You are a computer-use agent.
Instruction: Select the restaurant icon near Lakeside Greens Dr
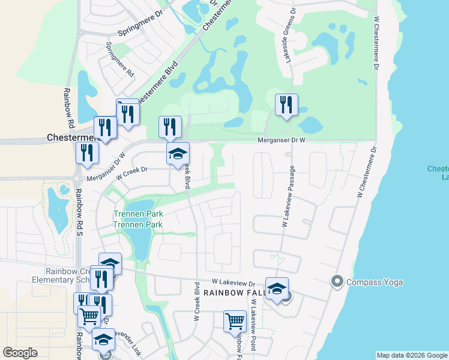point(286,106)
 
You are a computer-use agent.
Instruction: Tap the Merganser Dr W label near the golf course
point(282,140)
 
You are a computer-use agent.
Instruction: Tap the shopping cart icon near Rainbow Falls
point(235,321)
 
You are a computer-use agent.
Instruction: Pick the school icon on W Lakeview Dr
point(277,289)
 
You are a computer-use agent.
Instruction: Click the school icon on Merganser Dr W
point(178,154)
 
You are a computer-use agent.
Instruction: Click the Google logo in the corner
point(20,353)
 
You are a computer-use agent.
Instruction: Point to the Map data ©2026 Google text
point(412,355)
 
